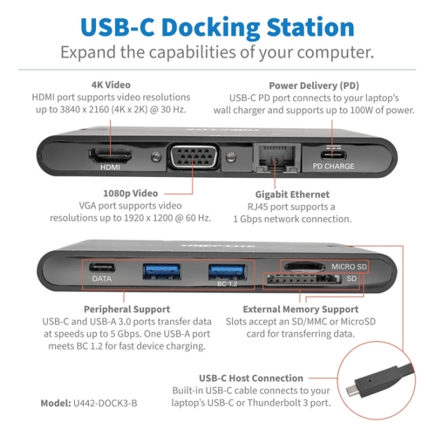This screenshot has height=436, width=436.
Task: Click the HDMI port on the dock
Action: [x=110, y=155]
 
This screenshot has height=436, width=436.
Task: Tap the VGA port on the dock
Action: [x=194, y=157]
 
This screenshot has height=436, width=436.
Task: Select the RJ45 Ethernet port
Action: [x=276, y=158]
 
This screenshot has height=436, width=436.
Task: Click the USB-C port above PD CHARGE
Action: [x=333, y=154]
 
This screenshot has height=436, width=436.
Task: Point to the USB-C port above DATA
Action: [x=102, y=268]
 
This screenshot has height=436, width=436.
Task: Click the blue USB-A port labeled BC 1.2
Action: [x=228, y=271]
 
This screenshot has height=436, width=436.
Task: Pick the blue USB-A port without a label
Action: [x=162, y=271]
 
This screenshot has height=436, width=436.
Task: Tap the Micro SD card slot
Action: [x=304, y=267]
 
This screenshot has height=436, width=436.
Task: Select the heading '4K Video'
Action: [x=111, y=85]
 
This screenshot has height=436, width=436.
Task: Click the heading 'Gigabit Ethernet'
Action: [x=292, y=194]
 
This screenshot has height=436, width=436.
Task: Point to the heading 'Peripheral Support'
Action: [x=127, y=310]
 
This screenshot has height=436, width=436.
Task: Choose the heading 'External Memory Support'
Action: [x=301, y=310]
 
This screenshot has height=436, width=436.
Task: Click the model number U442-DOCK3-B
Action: [x=106, y=403]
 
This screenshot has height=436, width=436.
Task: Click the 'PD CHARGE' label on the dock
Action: [x=333, y=167]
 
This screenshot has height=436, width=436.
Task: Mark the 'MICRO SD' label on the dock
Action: [x=350, y=267]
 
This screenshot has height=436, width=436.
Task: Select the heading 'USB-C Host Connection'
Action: [x=251, y=378]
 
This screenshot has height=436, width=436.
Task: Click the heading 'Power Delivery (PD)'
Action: [x=314, y=85]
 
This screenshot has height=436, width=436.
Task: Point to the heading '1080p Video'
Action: [x=131, y=194]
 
